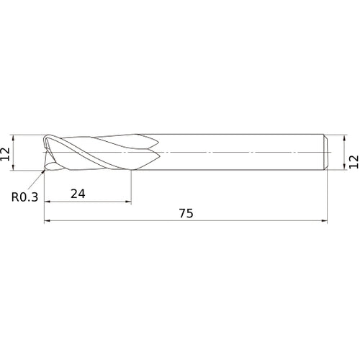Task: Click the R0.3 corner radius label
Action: pos(24,197)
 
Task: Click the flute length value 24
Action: pos(78,194)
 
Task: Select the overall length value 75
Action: pos(186,213)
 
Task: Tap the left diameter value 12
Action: pos(5,154)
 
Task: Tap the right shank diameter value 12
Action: pos(354,162)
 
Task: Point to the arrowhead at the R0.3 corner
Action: pos(43,171)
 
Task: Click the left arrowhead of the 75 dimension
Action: pos(47,220)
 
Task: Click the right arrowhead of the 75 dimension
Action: pos(324,220)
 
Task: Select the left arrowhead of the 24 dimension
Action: pos(47,202)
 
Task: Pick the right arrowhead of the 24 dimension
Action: pos(128,202)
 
